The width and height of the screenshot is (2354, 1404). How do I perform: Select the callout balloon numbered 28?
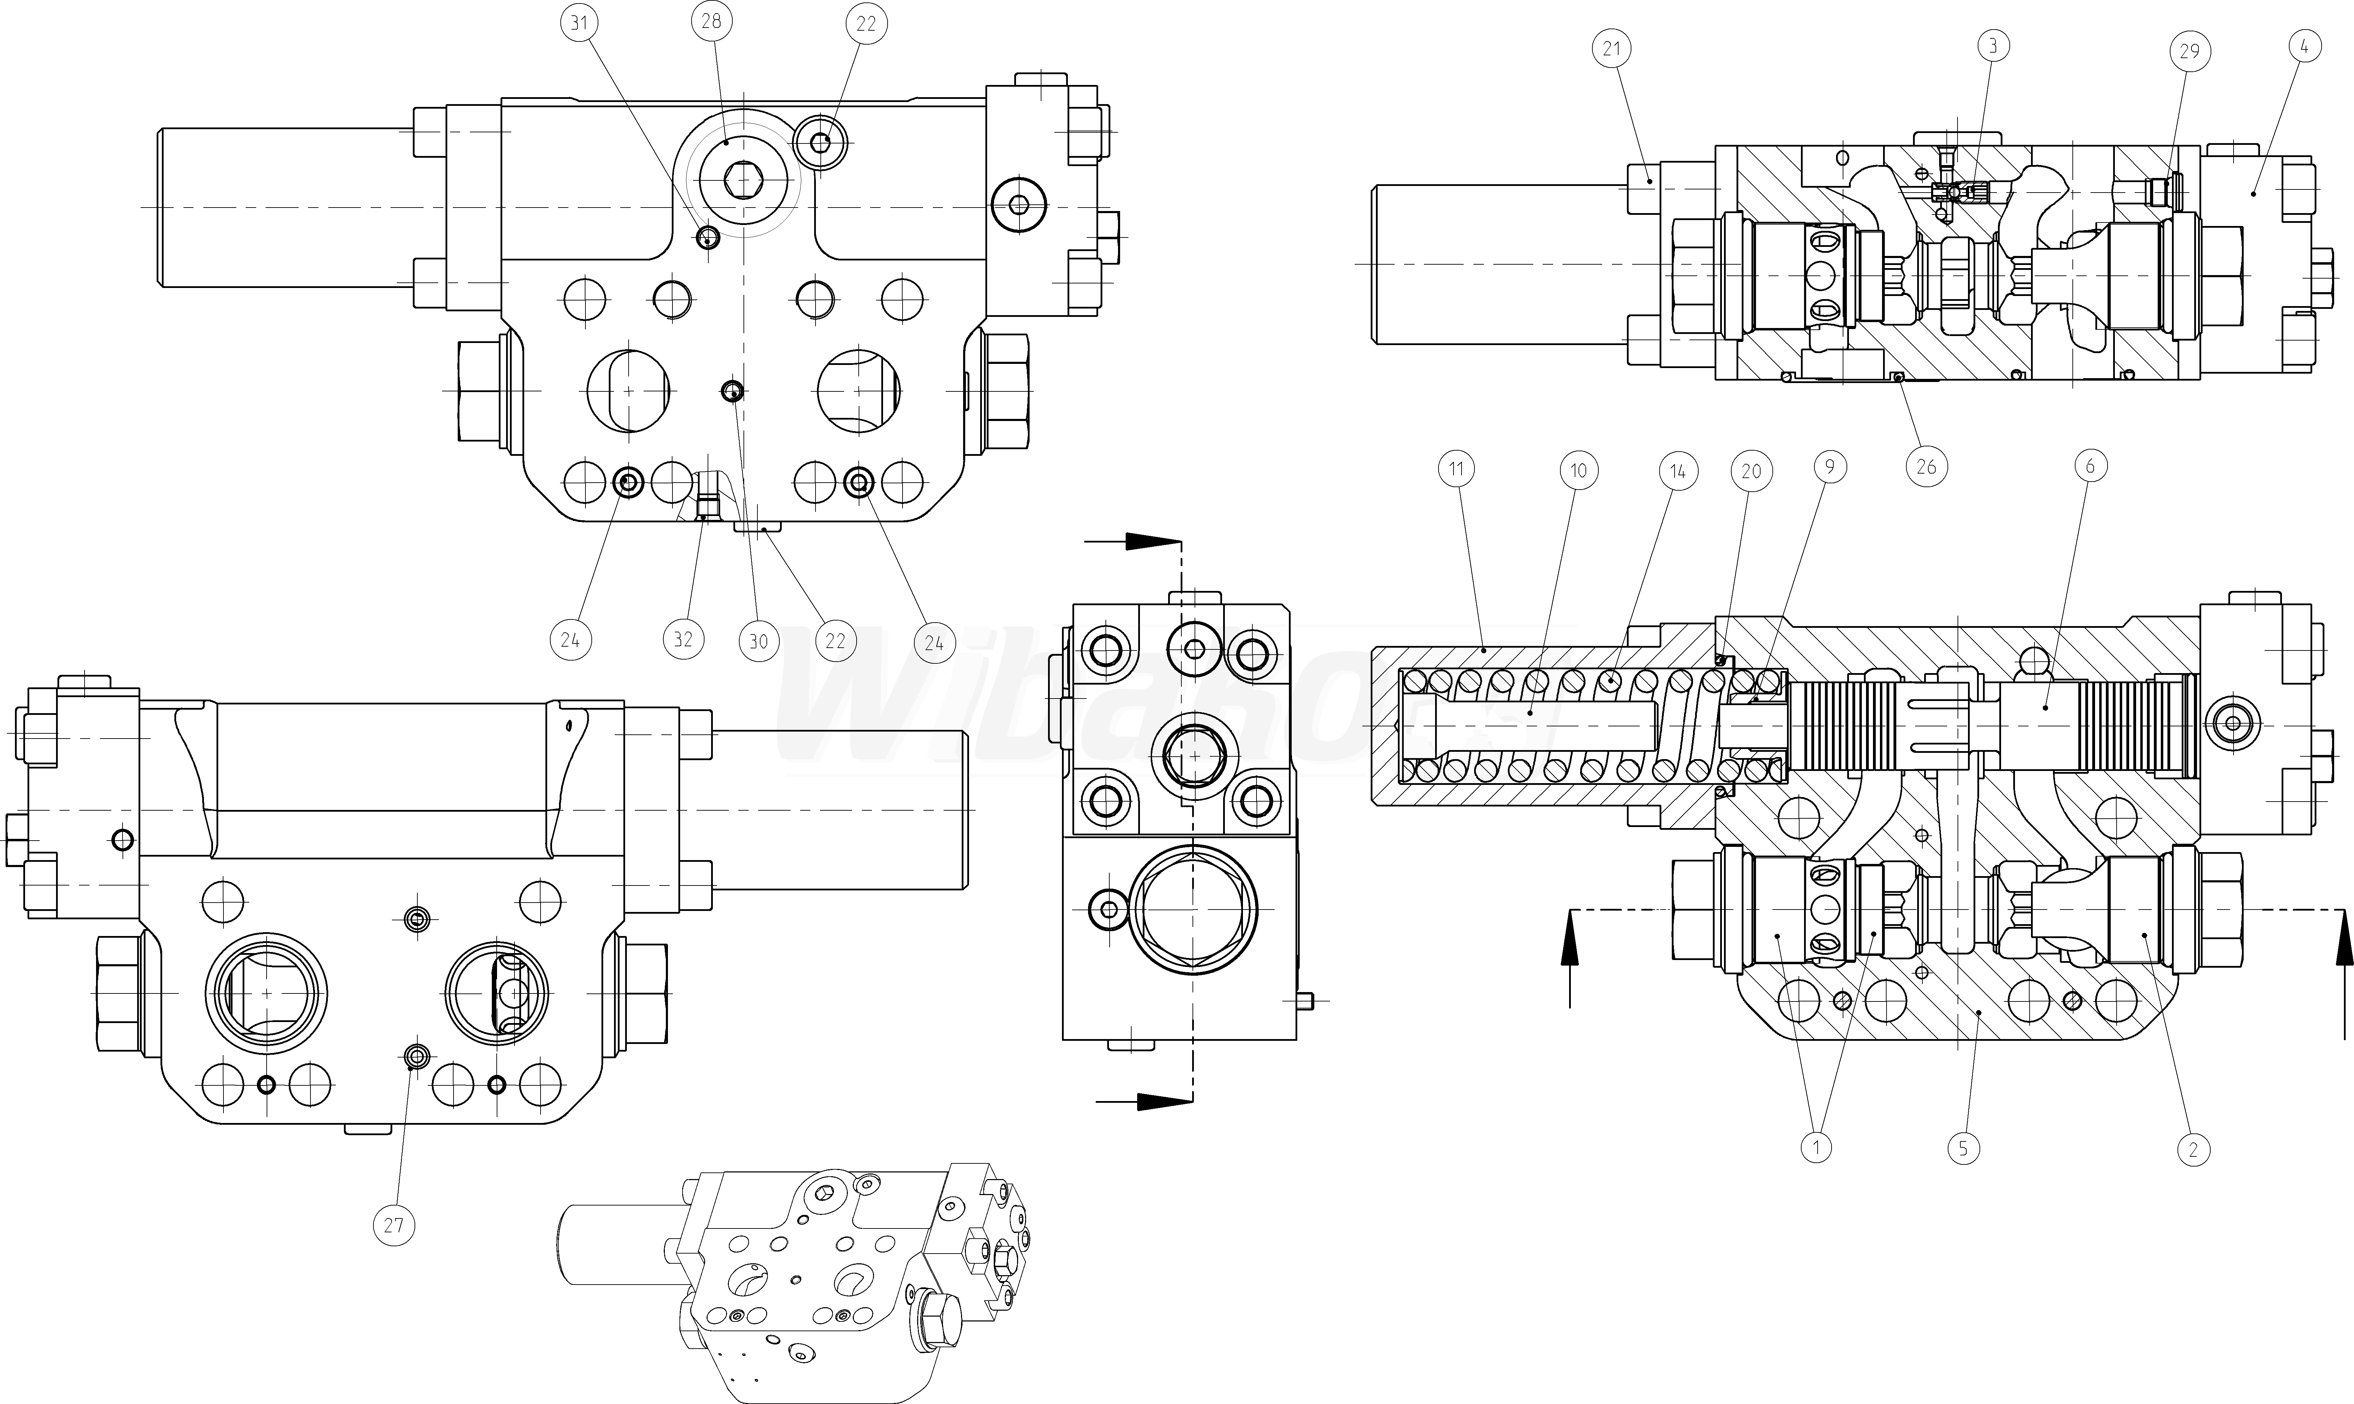click(x=711, y=21)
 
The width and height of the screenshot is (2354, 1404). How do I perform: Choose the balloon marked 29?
click(x=2189, y=52)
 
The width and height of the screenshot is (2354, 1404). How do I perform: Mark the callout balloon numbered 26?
click(x=1927, y=466)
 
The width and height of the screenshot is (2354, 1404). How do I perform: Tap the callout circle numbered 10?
click(x=1578, y=470)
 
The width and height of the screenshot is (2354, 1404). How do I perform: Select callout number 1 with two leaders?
click(x=1816, y=1148)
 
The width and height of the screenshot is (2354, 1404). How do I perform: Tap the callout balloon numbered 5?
click(x=1963, y=1148)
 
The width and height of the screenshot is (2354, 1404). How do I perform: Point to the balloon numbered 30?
click(x=758, y=641)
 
